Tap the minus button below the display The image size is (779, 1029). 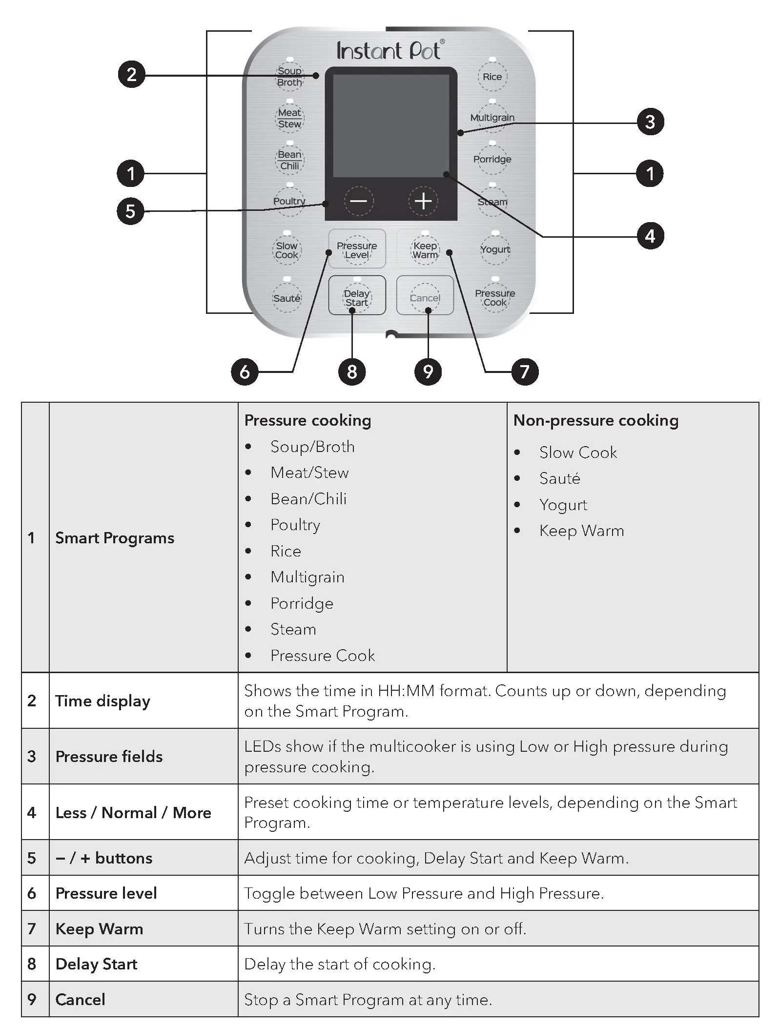[x=359, y=201]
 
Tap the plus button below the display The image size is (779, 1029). [x=423, y=201]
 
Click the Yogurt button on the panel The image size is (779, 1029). [x=495, y=249]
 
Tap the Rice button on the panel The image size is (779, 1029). [x=492, y=77]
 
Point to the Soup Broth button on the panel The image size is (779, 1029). [x=289, y=77]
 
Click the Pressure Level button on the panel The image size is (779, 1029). [x=357, y=250]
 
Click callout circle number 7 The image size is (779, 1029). [x=525, y=372]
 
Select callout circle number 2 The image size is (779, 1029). [x=132, y=75]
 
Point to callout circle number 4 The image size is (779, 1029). [x=650, y=236]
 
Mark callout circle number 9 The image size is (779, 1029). [x=428, y=372]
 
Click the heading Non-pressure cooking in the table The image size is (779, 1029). [x=595, y=421]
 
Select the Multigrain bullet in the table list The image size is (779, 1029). [x=307, y=577]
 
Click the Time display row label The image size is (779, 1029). [x=102, y=701]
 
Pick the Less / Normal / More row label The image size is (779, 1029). [x=133, y=813]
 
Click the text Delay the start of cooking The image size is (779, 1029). [x=340, y=964]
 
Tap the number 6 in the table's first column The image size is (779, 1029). [x=32, y=893]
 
